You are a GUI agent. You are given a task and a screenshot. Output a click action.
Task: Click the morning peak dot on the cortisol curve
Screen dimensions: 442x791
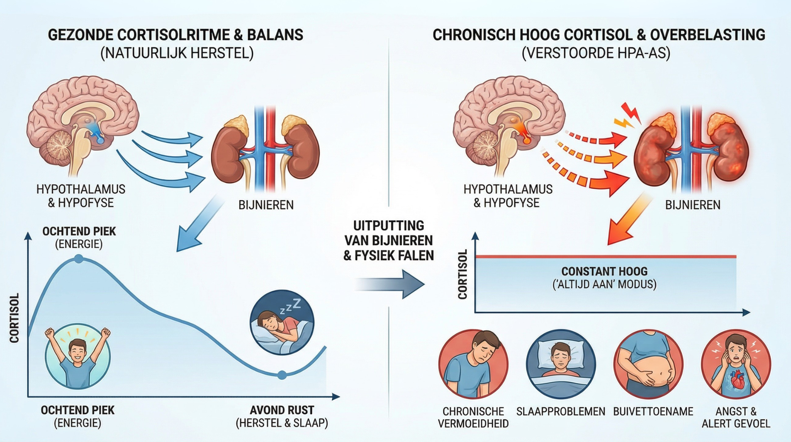click(78, 259)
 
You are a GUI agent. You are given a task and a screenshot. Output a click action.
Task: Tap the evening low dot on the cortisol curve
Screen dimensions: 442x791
click(282, 375)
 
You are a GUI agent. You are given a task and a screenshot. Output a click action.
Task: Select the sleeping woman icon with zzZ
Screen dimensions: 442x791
click(282, 323)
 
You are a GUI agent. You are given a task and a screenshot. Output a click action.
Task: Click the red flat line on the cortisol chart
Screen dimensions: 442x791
click(605, 256)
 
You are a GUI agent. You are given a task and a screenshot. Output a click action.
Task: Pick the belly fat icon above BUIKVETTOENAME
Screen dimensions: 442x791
click(648, 364)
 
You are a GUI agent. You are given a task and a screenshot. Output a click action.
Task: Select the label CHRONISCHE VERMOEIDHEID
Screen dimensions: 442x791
click(473, 417)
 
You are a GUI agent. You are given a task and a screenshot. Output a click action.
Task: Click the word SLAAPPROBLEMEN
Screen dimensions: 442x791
click(560, 411)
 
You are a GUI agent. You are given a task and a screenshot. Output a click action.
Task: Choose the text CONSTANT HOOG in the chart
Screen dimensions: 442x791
click(604, 271)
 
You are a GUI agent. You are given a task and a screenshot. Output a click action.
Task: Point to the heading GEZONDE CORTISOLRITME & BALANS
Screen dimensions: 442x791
click(175, 35)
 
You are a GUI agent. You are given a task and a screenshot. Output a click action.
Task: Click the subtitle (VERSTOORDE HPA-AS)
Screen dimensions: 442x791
click(596, 53)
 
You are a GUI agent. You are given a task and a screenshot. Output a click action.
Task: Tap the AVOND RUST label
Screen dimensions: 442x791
click(282, 410)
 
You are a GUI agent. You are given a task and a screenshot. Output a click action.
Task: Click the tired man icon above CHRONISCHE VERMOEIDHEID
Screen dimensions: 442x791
click(473, 364)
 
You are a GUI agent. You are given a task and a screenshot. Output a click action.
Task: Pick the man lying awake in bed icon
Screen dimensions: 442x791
click(561, 364)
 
